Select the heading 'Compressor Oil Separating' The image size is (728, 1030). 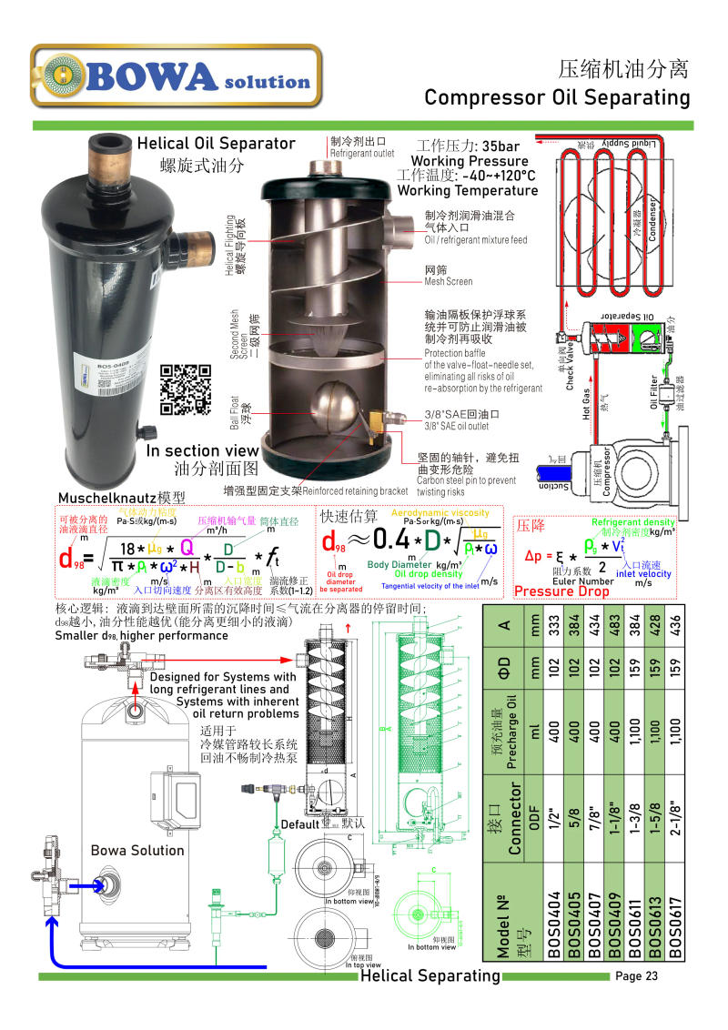[x=557, y=97]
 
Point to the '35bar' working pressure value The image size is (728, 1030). [x=501, y=146]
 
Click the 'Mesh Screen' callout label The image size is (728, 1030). [x=448, y=281]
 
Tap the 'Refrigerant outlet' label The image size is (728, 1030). [x=362, y=154]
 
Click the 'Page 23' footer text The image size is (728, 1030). [x=637, y=976]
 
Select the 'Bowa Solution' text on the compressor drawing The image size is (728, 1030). [x=137, y=850]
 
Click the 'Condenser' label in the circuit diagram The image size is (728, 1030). [x=652, y=217]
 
